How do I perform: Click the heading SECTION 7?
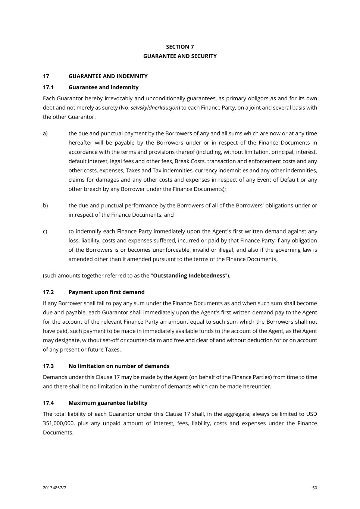tap(180, 47)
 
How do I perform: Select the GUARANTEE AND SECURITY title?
tap(180, 56)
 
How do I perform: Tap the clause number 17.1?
tap(48, 87)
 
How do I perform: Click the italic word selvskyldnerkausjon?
tap(154, 108)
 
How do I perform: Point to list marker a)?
tap(45, 133)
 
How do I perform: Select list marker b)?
tap(45, 205)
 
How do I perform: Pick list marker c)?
tap(45, 232)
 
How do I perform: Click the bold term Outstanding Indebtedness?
tap(189, 276)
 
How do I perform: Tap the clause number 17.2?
tap(48, 292)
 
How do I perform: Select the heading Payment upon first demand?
tap(106, 292)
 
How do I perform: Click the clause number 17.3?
tap(48, 366)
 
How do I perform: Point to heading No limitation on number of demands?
tap(119, 366)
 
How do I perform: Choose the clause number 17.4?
tap(48, 403)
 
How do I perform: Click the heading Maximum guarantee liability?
tap(108, 403)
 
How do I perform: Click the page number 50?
tap(314, 488)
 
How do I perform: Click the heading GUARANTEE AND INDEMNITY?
tap(108, 76)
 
